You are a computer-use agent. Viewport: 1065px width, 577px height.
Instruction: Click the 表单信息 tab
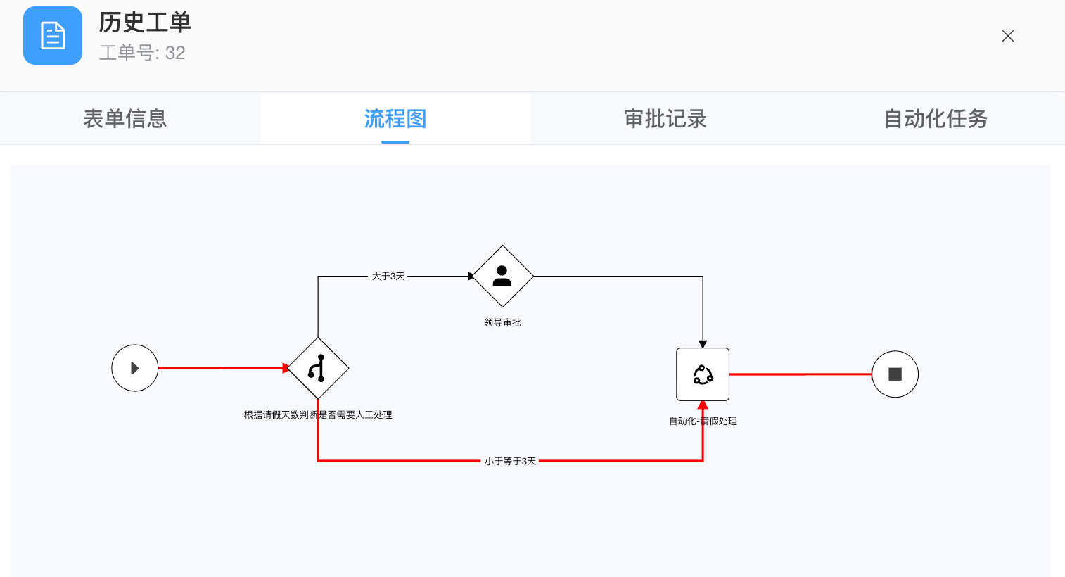point(125,119)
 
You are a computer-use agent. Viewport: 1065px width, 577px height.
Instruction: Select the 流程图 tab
point(395,119)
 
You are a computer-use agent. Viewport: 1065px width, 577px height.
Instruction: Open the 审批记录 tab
point(665,119)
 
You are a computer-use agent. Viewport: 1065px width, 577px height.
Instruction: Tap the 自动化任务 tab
point(936,119)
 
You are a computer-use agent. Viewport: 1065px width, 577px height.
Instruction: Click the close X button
point(1007,36)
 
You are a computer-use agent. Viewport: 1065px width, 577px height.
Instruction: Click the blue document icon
point(53,36)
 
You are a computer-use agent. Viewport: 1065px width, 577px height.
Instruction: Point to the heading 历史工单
point(145,23)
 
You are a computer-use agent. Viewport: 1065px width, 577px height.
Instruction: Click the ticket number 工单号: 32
point(142,53)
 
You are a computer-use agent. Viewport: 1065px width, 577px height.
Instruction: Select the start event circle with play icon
point(135,368)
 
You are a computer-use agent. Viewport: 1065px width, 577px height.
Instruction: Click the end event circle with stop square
point(895,374)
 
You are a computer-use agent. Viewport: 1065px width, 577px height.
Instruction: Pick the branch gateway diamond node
point(318,368)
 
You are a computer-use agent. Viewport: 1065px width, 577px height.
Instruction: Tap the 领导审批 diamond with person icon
point(502,277)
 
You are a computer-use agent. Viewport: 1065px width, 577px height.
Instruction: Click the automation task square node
point(703,374)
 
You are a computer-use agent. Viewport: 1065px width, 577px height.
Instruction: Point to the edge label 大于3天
point(388,277)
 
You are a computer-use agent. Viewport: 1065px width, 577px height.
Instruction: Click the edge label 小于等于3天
point(510,461)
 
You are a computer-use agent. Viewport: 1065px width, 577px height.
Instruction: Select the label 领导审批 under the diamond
point(502,323)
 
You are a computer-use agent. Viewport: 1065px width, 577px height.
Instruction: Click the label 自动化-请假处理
point(703,421)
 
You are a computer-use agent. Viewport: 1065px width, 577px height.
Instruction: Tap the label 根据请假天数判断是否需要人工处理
point(318,415)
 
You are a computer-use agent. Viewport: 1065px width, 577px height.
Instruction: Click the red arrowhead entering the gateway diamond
point(286,368)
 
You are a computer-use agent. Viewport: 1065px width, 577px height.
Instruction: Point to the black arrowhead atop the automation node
point(703,344)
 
